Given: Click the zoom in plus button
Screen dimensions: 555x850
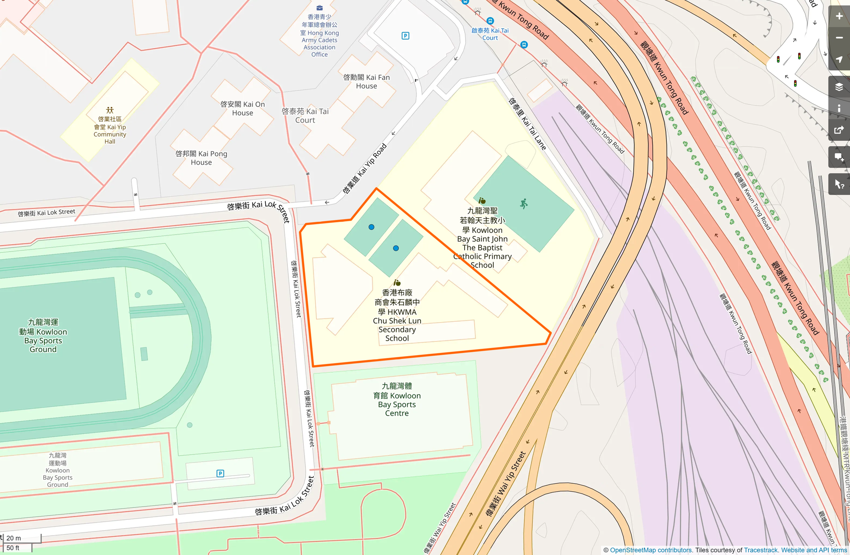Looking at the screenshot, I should tap(839, 16).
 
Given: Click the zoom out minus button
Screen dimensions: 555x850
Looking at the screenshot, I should tap(839, 38).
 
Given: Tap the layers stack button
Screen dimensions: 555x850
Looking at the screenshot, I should tap(839, 87).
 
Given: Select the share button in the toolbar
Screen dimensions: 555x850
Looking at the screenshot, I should tap(839, 130).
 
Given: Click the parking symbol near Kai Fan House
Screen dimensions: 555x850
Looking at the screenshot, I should tap(405, 36).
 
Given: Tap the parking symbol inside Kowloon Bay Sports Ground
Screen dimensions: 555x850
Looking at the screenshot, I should tap(220, 473).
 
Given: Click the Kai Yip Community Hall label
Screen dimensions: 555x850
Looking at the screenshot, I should tap(110, 130).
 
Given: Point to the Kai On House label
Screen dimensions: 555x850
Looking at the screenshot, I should tap(242, 108).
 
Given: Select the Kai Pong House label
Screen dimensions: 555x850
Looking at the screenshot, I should tap(201, 158).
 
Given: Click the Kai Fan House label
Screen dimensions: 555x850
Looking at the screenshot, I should tap(366, 82).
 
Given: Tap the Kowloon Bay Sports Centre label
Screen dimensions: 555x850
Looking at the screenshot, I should tap(397, 400).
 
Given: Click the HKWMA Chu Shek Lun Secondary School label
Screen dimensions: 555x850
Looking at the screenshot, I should tap(397, 316).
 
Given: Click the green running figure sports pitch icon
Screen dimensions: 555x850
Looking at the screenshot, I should tap(523, 204).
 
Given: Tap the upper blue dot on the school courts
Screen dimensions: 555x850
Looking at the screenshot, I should tap(371, 227).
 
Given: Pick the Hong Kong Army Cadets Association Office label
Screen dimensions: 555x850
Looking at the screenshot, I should tap(319, 36).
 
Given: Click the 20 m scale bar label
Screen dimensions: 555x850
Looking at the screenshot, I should tap(14, 538).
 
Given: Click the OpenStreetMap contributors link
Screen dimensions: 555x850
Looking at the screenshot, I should tap(651, 550).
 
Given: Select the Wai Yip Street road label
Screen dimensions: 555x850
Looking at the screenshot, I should tap(506, 484).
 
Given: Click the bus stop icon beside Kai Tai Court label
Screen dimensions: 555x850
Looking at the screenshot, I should tap(490, 21).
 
